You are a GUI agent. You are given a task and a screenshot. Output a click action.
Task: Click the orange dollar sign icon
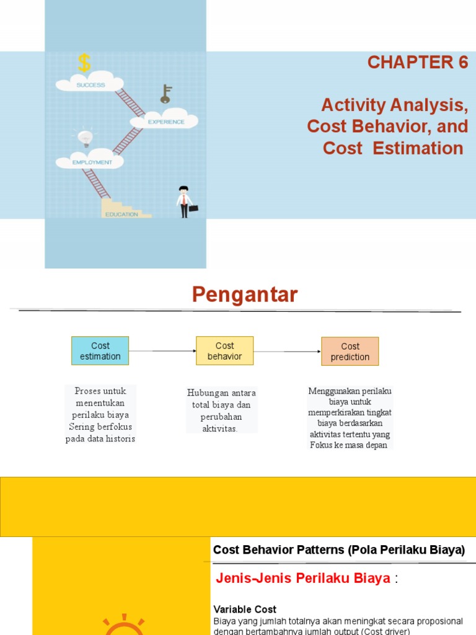tap(84, 63)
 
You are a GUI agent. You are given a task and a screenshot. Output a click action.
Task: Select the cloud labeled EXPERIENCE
tap(165, 121)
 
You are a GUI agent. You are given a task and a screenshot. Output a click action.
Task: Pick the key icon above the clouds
tap(165, 94)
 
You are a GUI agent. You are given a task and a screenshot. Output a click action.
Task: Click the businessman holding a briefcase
tap(184, 202)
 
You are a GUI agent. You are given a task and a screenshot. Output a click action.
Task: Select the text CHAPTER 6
tap(418, 63)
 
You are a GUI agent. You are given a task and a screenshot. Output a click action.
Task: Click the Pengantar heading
tap(244, 295)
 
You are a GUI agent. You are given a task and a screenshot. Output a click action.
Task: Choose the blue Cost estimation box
tap(100, 351)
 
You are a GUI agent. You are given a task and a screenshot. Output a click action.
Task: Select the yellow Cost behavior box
tap(224, 351)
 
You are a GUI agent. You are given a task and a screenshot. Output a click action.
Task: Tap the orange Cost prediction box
tap(350, 352)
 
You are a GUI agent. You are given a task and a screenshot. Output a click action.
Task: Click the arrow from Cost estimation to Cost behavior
tap(162, 351)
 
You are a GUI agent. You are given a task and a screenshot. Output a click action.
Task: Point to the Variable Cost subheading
tap(245, 610)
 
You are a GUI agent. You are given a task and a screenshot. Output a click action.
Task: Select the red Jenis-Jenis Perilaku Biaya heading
tap(303, 579)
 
